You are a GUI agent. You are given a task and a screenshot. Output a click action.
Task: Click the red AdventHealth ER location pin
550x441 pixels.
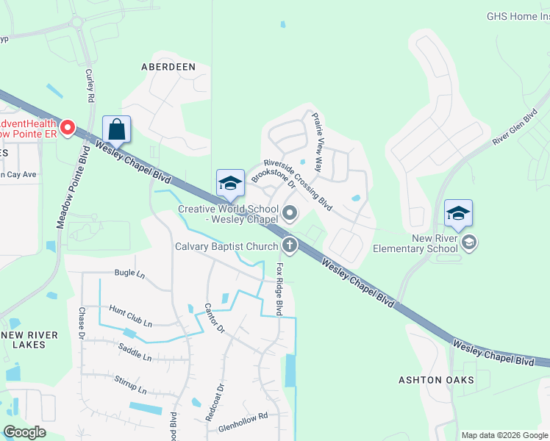point(68,129)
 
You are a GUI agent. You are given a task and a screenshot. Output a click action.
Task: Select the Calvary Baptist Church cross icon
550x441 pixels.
point(290,245)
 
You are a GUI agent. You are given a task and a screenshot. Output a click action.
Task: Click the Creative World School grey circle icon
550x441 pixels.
point(290,215)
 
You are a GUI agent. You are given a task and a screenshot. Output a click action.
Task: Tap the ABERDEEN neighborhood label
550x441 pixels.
point(168,67)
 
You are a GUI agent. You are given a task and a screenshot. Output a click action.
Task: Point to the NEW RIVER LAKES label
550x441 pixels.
point(30,340)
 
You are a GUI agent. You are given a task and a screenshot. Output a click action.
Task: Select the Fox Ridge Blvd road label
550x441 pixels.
point(279,290)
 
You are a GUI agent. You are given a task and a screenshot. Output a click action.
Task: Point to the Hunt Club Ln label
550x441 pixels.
point(130,317)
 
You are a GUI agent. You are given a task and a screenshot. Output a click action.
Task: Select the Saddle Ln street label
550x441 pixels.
point(135,354)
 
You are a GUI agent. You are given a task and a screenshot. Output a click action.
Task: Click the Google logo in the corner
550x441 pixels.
point(24,432)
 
